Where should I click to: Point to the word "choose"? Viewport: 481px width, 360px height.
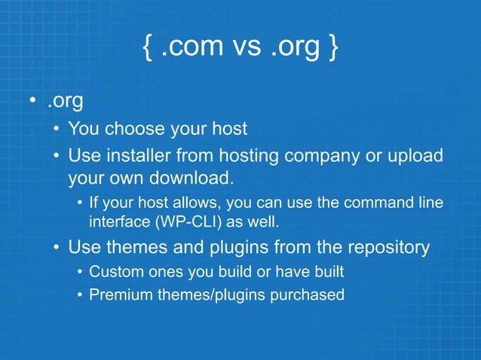pyautogui.click(x=135, y=129)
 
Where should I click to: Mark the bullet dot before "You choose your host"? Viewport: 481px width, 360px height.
pyautogui.click(x=57, y=130)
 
